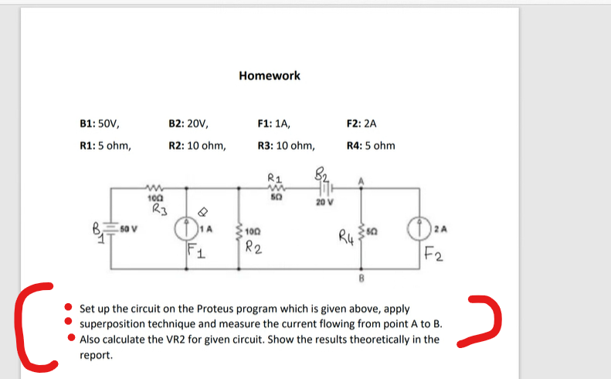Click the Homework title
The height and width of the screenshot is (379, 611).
click(x=270, y=76)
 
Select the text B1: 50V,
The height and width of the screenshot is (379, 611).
click(x=100, y=123)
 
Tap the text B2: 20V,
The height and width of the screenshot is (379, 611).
click(x=188, y=123)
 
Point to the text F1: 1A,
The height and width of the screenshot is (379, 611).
click(x=273, y=123)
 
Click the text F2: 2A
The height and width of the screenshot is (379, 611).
click(x=362, y=123)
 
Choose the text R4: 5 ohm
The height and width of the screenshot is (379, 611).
click(x=371, y=145)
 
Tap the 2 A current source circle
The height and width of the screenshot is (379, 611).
click(x=422, y=229)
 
